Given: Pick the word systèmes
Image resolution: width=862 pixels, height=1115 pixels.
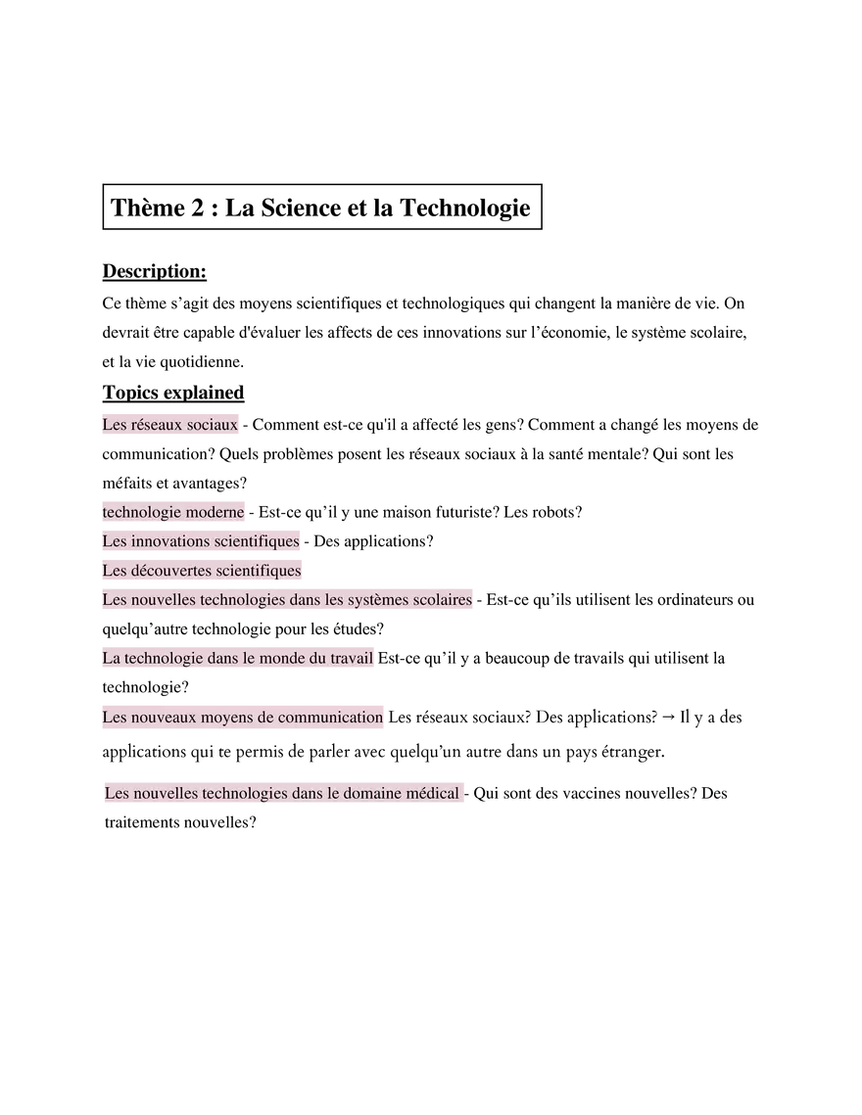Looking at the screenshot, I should pos(385,600).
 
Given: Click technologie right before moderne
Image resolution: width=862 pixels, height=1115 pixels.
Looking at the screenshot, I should pos(141,512).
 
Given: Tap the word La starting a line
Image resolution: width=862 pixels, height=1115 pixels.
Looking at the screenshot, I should pos(111,658).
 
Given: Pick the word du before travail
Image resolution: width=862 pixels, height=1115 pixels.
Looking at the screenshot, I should pos(319,658).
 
